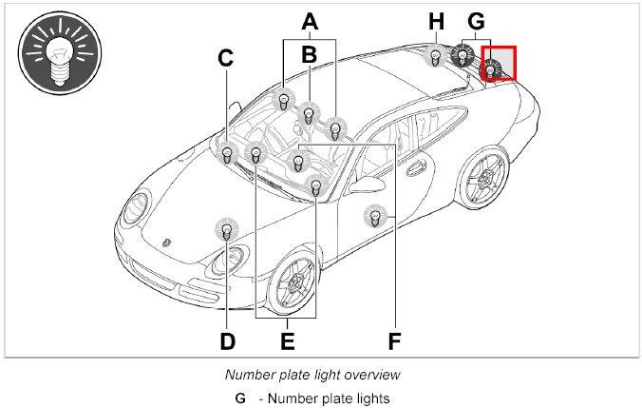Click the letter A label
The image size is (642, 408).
[x=309, y=20]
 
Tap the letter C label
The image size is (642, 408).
[x=225, y=59]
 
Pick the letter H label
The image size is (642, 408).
[x=436, y=20]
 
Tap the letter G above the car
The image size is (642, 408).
[x=477, y=20]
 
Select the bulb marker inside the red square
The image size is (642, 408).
[x=492, y=69]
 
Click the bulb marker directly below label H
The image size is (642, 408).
[x=435, y=57]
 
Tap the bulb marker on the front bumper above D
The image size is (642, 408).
[x=226, y=229]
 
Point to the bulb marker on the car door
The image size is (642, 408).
[x=375, y=218]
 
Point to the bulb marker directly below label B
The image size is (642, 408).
[x=309, y=115]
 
